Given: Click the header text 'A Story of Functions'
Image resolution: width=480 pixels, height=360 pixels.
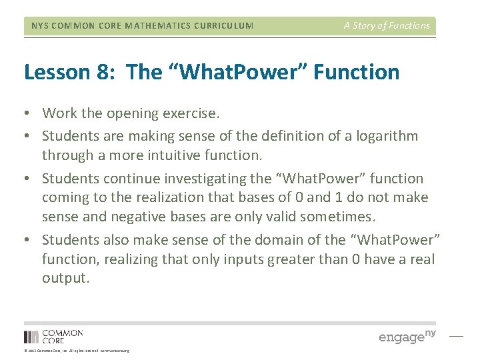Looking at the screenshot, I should [x=387, y=26].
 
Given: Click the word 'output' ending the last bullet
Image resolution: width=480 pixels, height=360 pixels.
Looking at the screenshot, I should [x=64, y=279].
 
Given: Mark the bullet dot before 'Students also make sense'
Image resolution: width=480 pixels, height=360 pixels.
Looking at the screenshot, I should [x=28, y=240].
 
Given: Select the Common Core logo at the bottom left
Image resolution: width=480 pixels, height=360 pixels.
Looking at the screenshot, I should [x=53, y=336].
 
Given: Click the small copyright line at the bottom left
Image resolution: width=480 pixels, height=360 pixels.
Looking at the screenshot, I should [x=77, y=351].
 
